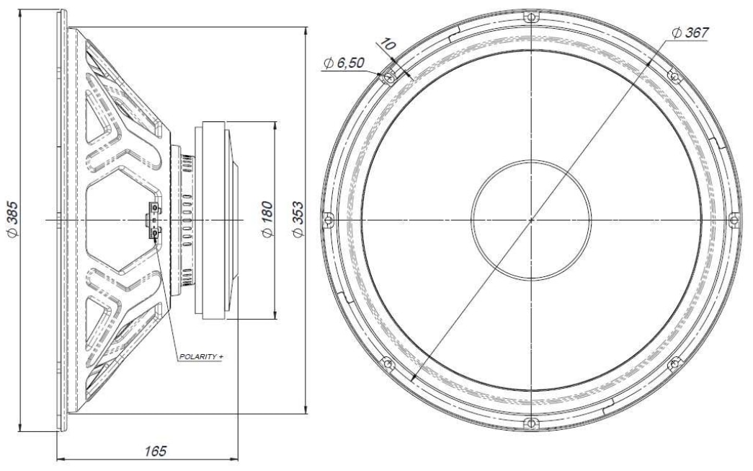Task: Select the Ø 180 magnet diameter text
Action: [x=266, y=220]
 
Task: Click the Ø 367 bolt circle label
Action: [x=690, y=32]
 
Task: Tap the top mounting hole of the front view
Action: [x=531, y=15]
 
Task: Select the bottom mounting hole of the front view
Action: [x=531, y=423]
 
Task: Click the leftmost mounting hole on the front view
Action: [x=327, y=219]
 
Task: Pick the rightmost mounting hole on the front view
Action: [x=735, y=219]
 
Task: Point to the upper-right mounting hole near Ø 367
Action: [x=675, y=75]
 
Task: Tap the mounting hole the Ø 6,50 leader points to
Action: [x=387, y=75]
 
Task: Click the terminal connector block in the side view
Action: [x=154, y=219]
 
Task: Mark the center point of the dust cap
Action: [x=531, y=219]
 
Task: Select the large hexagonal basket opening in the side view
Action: [x=119, y=219]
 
